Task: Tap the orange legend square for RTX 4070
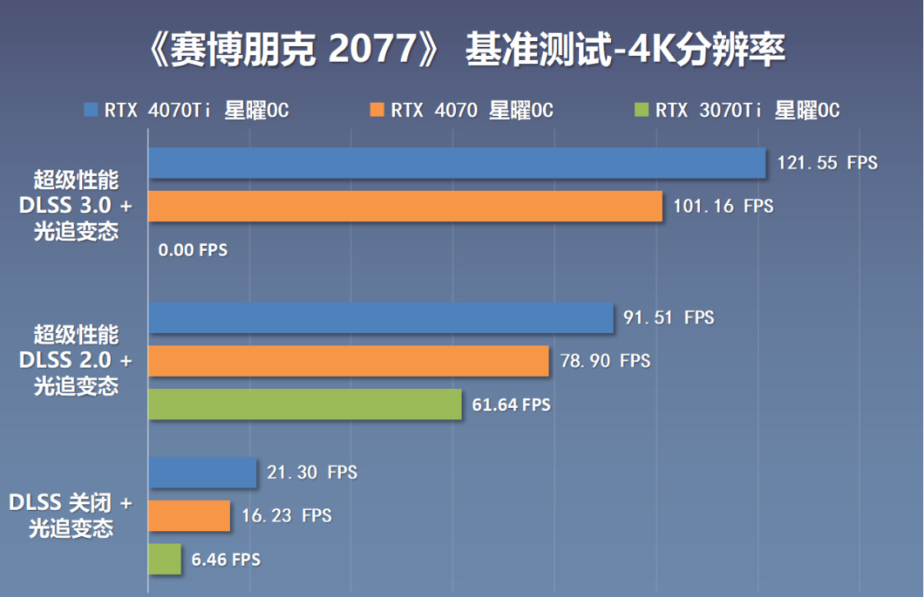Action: click(378, 109)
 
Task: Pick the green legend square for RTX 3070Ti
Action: click(642, 109)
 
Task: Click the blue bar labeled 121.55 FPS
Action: click(457, 163)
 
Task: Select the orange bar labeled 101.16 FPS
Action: click(405, 206)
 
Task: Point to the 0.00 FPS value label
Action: click(193, 250)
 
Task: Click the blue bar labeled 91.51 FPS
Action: click(380, 317)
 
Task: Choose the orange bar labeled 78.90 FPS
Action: click(348, 361)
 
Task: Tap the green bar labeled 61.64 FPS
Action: click(305, 405)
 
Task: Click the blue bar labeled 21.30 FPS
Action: click(202, 472)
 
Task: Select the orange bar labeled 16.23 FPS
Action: click(189, 516)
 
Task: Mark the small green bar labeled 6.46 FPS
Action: click(164, 559)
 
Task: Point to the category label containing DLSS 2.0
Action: click(76, 360)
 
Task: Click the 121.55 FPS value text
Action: click(827, 163)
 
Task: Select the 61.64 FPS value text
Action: click(511, 405)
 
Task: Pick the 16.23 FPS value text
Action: click(287, 516)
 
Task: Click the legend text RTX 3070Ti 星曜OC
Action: click(747, 110)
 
